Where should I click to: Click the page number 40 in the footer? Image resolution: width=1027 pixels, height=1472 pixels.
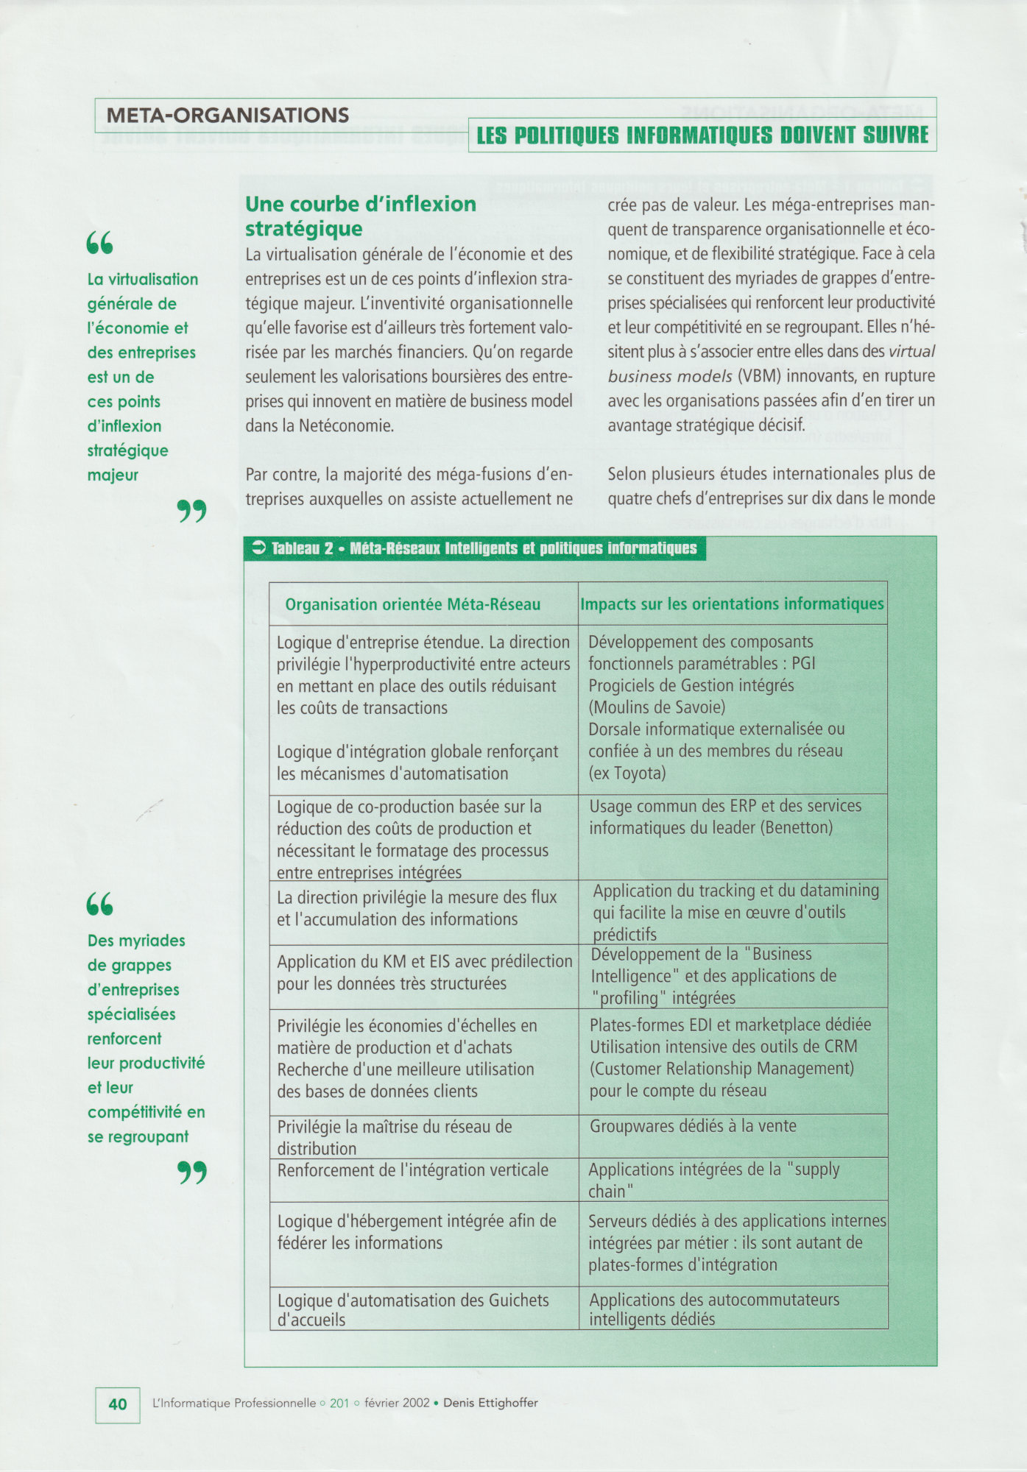[118, 1404]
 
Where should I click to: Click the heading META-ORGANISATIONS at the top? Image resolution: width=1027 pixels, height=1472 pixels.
[227, 116]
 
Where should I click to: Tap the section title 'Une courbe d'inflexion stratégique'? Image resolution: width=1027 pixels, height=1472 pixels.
[361, 216]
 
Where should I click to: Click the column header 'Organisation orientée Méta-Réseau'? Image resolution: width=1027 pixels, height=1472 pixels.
[412, 605]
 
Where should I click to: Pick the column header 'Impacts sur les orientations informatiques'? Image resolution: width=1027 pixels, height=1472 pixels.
[732, 604]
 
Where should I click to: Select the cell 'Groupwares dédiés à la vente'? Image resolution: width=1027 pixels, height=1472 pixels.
[692, 1126]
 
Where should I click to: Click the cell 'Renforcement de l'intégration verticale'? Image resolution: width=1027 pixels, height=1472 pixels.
[412, 1170]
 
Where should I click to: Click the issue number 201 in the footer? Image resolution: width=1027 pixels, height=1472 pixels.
[339, 1404]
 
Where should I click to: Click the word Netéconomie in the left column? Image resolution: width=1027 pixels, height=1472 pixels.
[347, 426]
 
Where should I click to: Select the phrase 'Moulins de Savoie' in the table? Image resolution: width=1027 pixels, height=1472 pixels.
[657, 708]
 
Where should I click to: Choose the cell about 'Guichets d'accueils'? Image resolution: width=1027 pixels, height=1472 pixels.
[412, 1310]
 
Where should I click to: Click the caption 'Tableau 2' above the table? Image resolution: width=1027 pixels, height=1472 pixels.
[303, 549]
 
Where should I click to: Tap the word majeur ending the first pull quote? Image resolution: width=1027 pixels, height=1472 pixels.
[113, 475]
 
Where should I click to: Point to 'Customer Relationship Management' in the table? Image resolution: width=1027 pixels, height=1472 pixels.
[721, 1069]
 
